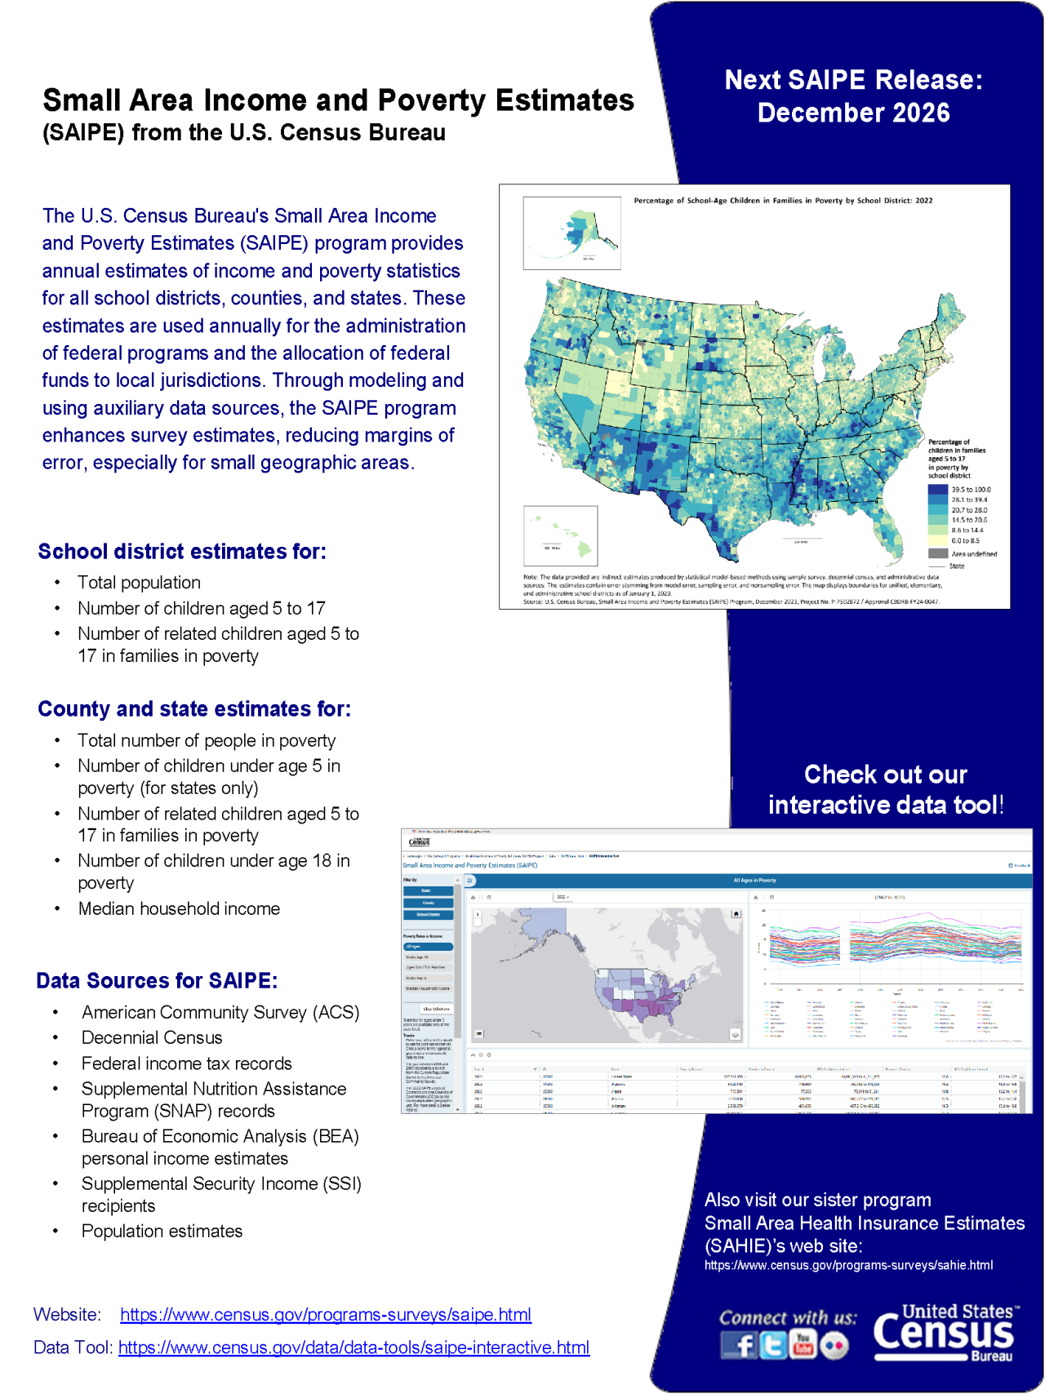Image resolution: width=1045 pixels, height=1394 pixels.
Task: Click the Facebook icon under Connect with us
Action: pos(740,1345)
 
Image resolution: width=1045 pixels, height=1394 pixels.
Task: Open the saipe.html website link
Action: pos(325,1314)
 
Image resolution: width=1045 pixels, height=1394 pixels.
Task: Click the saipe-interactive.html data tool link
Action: pos(354,1347)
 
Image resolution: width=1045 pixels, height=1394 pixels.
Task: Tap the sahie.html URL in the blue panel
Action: pos(848,1265)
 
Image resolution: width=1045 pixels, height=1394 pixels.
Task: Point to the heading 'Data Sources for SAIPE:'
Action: pos(157,980)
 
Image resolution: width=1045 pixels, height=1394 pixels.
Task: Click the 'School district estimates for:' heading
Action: pos(182,552)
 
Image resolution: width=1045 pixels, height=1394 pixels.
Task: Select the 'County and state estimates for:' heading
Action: pos(194,708)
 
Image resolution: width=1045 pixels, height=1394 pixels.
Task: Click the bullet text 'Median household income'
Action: pos(179,908)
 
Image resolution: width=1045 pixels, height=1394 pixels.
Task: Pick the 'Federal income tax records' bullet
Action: pos(186,1063)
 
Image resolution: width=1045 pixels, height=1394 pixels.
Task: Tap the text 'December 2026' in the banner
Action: pos(853,113)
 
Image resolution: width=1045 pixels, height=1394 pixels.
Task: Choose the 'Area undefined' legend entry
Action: pos(973,553)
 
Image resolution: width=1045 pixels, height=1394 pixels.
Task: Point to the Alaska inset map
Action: pos(571,233)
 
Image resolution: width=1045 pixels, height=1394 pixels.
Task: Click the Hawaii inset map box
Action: pos(560,535)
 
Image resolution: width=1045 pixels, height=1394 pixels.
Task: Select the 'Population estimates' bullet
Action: pos(162,1231)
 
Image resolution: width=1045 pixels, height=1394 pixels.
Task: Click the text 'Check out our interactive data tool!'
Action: pos(885,789)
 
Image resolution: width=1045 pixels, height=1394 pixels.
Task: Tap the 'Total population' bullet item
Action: pos(139,583)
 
